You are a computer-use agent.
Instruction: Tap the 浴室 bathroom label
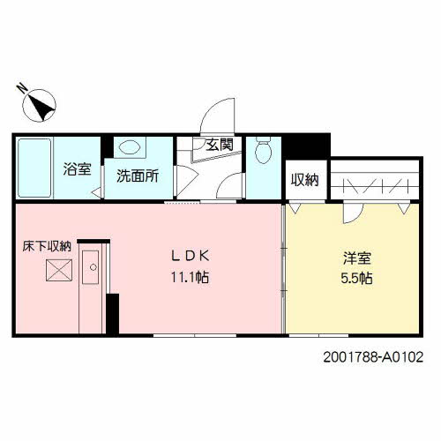77,170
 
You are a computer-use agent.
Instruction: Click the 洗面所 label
138,175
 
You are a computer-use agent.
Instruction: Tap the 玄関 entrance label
220,146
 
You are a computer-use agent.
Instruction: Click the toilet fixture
262,153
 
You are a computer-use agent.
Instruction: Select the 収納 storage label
305,180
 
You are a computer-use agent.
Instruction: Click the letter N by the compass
22,88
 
